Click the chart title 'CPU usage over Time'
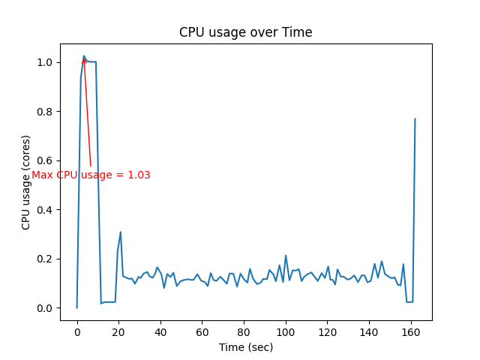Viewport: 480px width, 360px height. coord(245,32)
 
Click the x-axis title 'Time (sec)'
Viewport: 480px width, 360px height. coord(245,347)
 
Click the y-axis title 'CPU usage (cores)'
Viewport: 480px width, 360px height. coord(26,182)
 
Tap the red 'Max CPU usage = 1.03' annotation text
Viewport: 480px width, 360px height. coord(91,175)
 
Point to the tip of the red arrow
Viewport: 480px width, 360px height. coord(83,57)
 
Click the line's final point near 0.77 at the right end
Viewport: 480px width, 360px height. coord(415,118)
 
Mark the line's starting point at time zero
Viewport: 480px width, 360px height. coord(76,307)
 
